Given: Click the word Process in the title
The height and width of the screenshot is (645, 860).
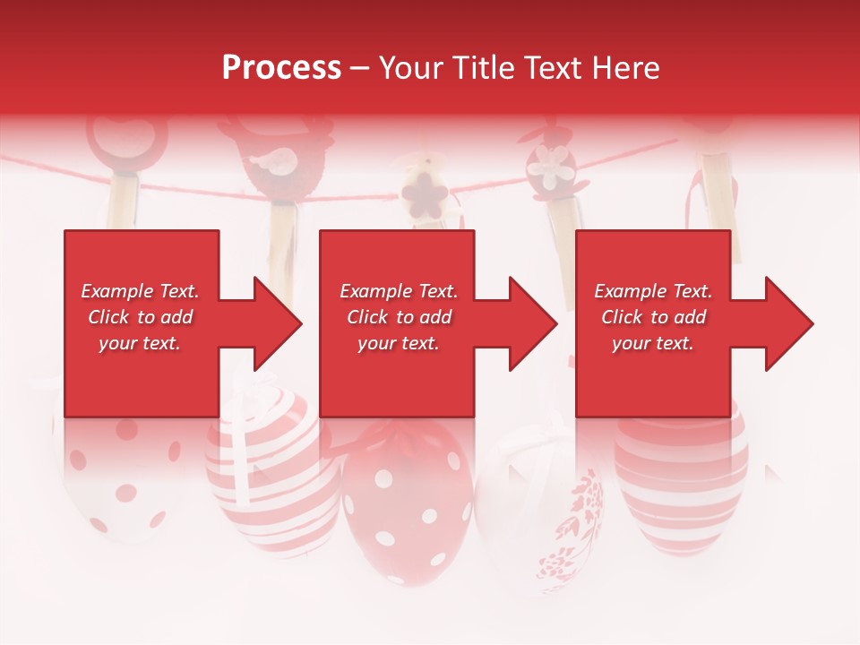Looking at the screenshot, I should [281, 68].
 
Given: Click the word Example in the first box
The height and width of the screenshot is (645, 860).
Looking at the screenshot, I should [116, 291].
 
